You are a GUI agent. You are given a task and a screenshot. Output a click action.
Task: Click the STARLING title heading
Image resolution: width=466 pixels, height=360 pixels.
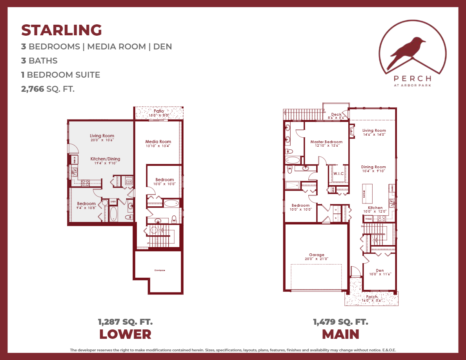(62, 30)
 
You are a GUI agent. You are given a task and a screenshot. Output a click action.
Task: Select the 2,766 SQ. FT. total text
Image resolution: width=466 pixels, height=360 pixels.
(48, 89)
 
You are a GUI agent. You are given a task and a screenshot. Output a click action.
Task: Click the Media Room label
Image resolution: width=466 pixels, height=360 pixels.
(158, 142)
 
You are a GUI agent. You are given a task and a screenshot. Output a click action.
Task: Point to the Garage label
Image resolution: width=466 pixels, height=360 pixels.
(316, 255)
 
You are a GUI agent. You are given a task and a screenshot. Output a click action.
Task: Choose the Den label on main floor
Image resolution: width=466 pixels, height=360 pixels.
(379, 270)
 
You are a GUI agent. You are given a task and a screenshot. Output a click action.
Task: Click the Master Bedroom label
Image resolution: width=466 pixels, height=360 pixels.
(326, 142)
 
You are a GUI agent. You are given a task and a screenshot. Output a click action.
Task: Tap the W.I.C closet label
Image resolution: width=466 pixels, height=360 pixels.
(338, 173)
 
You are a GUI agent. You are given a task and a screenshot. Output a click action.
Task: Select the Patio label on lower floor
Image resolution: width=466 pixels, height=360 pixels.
(158, 111)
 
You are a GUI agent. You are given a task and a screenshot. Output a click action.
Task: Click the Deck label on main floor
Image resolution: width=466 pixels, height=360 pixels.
(336, 115)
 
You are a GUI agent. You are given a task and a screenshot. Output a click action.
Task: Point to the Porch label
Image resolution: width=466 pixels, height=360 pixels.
(371, 297)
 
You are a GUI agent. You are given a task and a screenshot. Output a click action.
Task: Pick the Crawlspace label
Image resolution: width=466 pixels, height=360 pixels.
(158, 270)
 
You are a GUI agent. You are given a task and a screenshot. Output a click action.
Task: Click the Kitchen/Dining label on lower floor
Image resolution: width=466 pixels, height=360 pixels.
(105, 159)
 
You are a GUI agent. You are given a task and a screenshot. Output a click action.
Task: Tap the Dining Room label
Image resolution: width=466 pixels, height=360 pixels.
(373, 167)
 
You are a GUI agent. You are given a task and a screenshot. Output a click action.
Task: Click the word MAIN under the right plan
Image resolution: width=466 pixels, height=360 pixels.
(340, 335)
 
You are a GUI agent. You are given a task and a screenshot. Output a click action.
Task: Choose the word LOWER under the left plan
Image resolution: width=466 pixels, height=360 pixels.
(125, 335)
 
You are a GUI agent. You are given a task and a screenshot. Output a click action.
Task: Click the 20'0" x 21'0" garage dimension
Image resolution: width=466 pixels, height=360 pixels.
(316, 259)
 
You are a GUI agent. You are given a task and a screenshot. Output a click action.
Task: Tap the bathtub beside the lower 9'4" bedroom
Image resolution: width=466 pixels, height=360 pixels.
(113, 214)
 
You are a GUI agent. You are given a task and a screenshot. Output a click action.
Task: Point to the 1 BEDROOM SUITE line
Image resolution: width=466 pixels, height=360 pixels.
(61, 75)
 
